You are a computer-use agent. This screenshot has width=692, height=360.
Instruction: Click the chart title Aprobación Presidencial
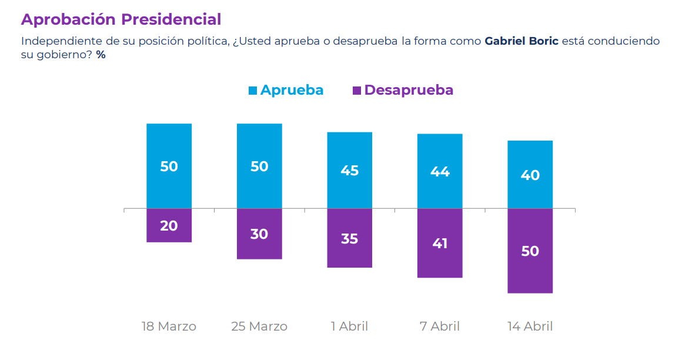click(121, 19)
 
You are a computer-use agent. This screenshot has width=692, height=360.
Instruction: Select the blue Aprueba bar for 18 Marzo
click(169, 166)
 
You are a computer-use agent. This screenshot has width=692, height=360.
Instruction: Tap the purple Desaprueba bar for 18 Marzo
click(169, 225)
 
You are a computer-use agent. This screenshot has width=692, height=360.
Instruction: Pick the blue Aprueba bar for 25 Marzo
click(259, 166)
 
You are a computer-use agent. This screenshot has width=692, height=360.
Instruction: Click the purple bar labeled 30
click(259, 234)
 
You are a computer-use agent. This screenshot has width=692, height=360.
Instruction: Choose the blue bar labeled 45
click(350, 170)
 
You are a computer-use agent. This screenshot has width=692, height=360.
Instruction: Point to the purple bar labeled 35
click(350, 238)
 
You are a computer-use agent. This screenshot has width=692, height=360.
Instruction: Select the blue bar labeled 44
click(440, 171)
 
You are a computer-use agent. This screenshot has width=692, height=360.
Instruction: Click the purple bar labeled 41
click(440, 243)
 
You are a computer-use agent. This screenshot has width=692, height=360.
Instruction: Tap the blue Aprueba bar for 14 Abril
click(530, 175)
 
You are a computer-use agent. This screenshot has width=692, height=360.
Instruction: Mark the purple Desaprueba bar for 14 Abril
click(530, 251)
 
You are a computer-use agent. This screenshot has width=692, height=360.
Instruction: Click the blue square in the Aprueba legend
click(253, 91)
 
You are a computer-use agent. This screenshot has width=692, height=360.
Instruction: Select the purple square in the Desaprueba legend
click(357, 91)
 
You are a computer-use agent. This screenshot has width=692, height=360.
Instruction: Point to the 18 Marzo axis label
click(169, 326)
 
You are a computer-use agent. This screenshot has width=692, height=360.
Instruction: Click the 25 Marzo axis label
click(259, 326)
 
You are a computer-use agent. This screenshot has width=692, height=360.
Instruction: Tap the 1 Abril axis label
click(350, 326)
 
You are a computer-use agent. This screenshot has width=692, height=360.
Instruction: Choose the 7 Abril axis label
click(440, 326)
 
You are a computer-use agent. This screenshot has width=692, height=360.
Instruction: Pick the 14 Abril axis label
click(530, 326)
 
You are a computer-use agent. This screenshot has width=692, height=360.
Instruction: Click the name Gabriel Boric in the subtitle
click(521, 41)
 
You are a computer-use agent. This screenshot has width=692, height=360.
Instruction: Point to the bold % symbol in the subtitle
click(101, 55)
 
